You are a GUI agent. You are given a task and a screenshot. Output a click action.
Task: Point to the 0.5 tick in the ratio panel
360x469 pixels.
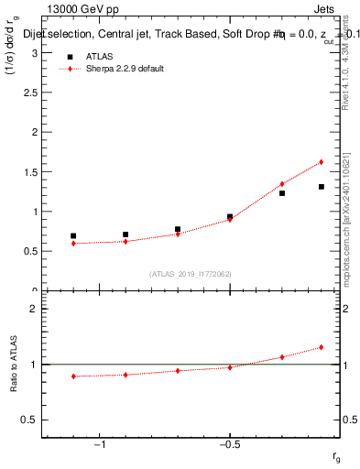tap(32, 420)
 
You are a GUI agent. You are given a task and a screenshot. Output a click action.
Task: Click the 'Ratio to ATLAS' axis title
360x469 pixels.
tap(14, 365)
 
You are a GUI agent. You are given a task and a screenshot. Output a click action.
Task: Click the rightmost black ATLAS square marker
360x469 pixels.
tap(322, 187)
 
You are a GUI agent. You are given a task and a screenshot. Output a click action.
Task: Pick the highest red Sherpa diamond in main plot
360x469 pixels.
tap(322, 162)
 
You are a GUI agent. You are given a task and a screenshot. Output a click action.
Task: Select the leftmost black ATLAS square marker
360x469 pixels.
tap(73, 235)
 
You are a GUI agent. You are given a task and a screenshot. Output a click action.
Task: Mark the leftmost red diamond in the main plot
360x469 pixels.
tap(73, 243)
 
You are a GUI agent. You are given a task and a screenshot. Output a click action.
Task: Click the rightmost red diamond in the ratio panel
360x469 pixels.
tap(322, 347)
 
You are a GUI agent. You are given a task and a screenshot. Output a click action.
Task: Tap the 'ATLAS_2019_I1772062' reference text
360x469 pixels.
tap(191, 274)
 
